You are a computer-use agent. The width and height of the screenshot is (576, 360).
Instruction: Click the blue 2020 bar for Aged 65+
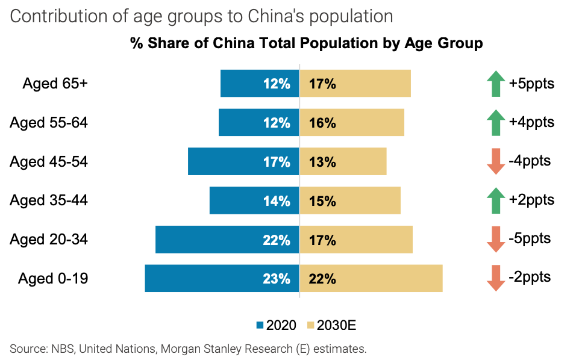(241, 84)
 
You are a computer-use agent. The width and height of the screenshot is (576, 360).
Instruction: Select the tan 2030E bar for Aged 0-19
(386, 279)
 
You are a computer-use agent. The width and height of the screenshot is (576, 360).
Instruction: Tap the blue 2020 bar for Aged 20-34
(205, 240)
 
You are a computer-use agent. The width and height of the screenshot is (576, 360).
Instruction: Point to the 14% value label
(277, 201)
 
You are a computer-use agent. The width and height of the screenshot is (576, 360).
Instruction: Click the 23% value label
(277, 279)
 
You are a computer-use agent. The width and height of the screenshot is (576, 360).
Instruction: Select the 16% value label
(322, 123)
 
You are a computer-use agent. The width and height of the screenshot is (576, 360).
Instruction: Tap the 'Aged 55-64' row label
(49, 123)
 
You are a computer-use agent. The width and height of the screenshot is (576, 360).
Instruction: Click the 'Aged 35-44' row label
(49, 200)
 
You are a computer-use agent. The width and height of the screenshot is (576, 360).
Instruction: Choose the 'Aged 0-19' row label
(53, 279)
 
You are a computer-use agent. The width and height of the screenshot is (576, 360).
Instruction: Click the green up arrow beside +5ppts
(495, 84)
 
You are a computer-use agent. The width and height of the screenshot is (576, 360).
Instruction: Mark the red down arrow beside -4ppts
(495, 162)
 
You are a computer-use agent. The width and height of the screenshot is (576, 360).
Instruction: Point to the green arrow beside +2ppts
(495, 200)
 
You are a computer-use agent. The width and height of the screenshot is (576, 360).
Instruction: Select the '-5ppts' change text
(530, 238)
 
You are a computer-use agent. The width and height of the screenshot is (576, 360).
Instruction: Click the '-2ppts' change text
(530, 278)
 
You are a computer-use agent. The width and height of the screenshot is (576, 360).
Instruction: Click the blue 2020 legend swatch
(260, 326)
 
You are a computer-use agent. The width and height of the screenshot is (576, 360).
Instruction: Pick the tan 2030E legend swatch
(311, 326)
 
